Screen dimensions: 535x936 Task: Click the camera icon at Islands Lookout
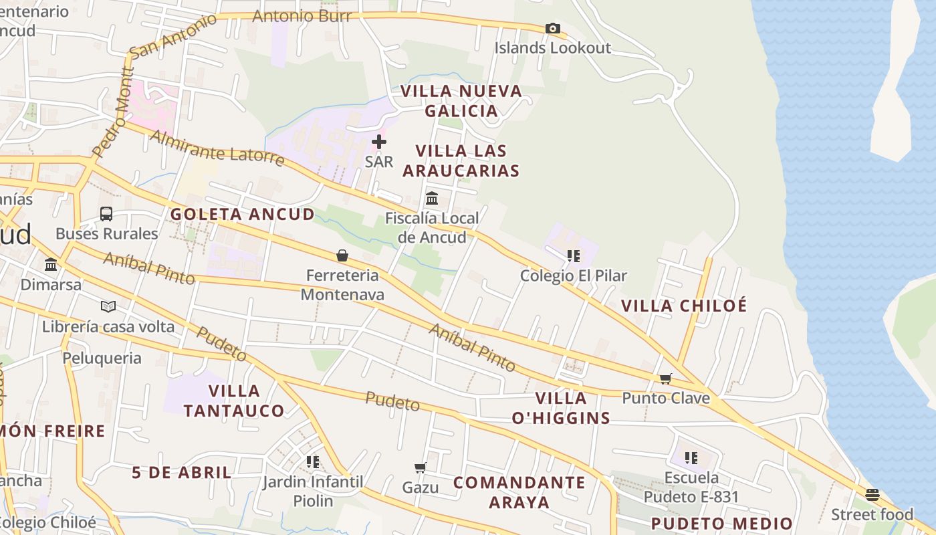552,28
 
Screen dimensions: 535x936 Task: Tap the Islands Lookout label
552,48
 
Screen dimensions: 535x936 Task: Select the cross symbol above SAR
379,142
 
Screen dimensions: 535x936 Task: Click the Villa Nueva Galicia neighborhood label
461,101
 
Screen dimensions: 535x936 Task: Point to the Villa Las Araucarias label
461,160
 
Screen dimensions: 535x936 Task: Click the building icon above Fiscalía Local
432,199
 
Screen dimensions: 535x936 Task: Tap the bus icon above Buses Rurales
106,214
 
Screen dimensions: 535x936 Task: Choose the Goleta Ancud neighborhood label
242,214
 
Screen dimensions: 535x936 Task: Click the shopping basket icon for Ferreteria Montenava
342,255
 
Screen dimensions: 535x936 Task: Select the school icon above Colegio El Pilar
573,256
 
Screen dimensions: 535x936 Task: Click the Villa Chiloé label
684,306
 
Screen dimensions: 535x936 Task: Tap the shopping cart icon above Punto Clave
665,379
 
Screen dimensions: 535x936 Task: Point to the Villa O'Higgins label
561,408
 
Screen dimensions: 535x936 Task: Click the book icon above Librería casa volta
108,306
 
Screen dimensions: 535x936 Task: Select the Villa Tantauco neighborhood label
234,401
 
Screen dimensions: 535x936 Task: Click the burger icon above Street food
872,495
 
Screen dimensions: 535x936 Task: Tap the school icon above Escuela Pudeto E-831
691,458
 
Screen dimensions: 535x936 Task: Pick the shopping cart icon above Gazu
421,467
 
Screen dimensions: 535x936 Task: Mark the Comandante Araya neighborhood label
519,492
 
